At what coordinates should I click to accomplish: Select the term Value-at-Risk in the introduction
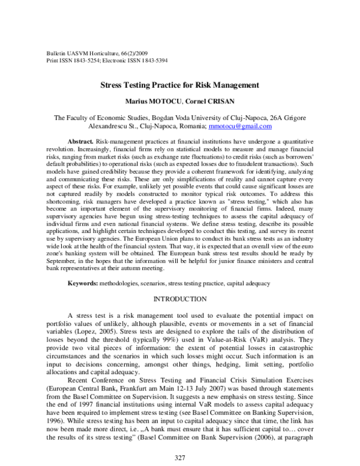tap(241, 338)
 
